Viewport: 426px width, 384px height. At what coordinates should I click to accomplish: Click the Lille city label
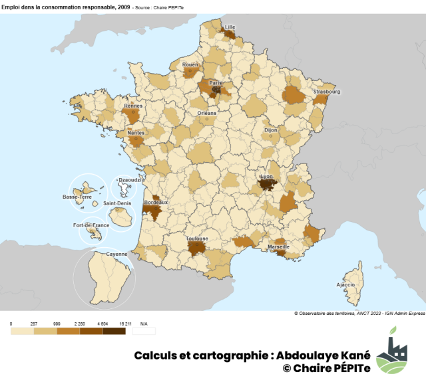(x=230, y=27)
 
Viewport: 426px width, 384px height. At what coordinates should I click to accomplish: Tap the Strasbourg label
(x=327, y=92)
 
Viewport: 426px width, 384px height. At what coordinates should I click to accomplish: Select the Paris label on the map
(x=215, y=83)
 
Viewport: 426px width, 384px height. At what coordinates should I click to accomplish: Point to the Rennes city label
(x=133, y=105)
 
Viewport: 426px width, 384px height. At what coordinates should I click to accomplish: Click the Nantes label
(x=135, y=133)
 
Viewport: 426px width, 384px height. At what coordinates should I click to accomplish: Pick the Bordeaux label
(x=156, y=202)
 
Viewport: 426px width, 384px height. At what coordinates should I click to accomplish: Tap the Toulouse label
(x=197, y=239)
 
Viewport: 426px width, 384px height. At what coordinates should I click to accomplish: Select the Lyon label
(x=266, y=177)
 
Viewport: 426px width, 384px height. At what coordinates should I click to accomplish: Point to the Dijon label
(x=270, y=131)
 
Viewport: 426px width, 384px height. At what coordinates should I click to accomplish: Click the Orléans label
(x=207, y=113)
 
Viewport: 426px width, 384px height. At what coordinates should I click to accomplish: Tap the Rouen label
(x=190, y=64)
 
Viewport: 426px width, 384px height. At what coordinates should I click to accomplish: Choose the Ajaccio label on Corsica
(x=345, y=284)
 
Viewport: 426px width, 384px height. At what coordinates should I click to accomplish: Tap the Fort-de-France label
(x=91, y=225)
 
